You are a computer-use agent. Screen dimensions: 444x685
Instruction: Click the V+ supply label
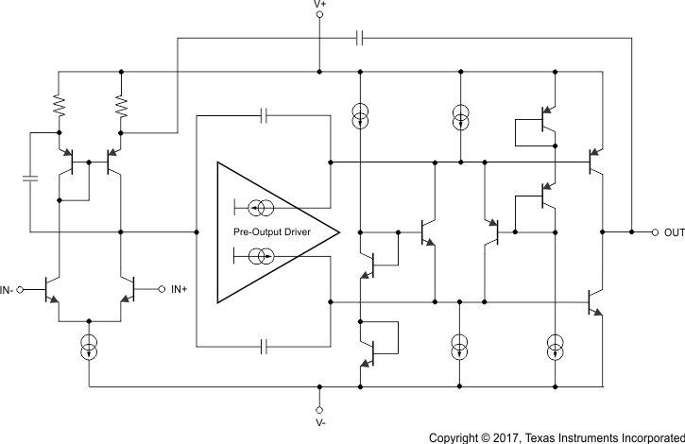(319, 6)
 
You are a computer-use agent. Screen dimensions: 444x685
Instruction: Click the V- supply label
(319, 422)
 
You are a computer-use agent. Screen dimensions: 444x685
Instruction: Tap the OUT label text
(674, 232)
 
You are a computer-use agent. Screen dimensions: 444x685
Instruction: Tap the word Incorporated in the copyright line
(647, 437)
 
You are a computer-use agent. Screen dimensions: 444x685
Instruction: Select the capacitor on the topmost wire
(360, 39)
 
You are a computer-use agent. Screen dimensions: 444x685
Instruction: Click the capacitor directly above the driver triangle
(265, 116)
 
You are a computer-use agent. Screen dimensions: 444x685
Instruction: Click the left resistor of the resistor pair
(59, 106)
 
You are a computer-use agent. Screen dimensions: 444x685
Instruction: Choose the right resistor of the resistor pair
(121, 106)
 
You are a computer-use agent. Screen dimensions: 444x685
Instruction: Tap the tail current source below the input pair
(89, 348)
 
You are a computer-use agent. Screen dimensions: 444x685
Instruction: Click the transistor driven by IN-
(56, 289)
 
